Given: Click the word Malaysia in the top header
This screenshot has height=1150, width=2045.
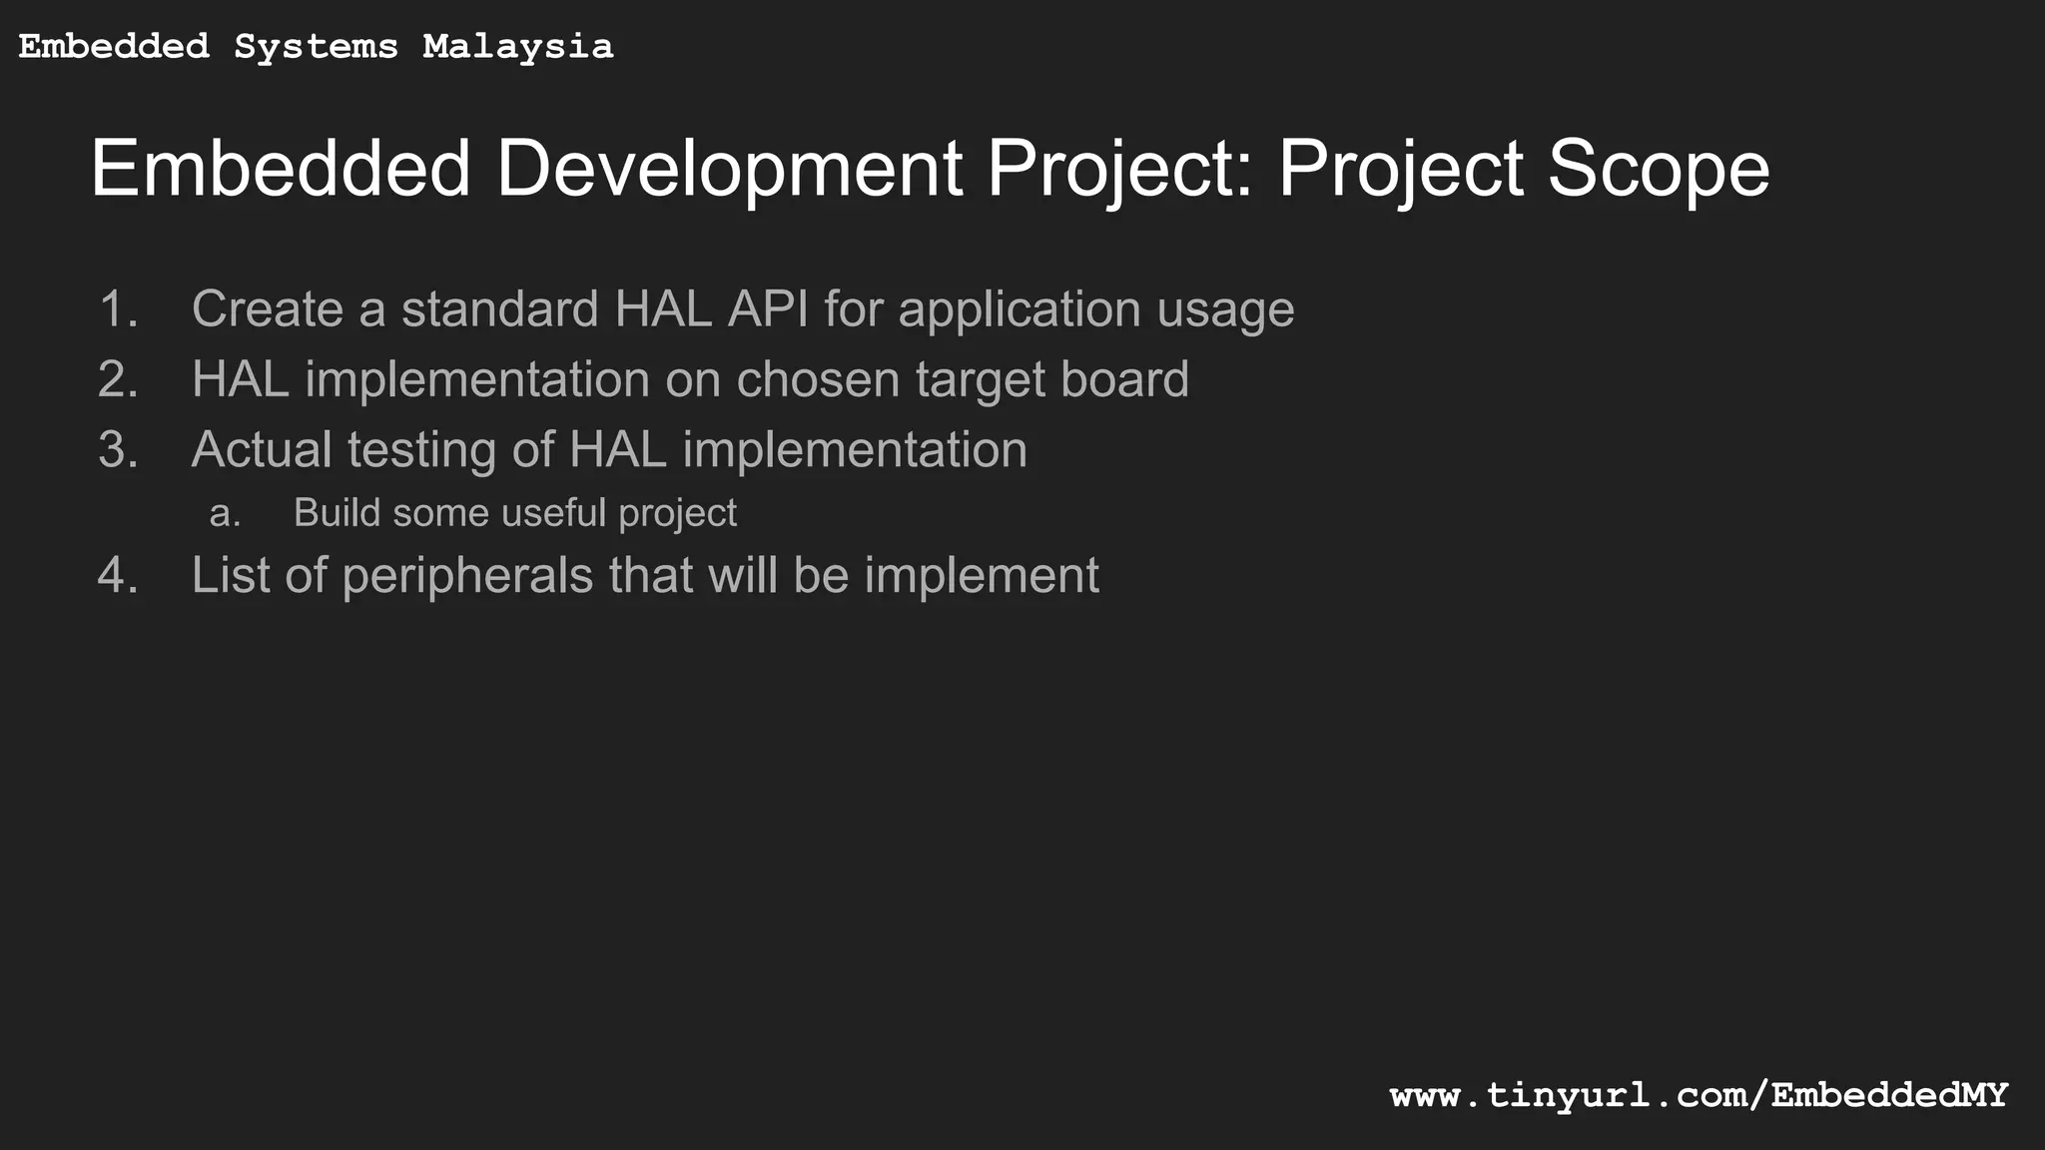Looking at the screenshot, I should tap(517, 47).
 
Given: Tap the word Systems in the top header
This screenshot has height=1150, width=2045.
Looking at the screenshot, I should tap(316, 47).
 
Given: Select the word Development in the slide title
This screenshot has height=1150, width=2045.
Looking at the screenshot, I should tap(729, 169).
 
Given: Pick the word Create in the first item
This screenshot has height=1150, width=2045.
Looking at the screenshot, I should tap(267, 309).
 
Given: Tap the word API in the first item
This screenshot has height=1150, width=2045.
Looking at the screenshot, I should tap(767, 309).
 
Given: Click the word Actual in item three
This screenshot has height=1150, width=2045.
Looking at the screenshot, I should tap(262, 450).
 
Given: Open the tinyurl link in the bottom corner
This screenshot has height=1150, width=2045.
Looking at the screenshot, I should tap(1698, 1096).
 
